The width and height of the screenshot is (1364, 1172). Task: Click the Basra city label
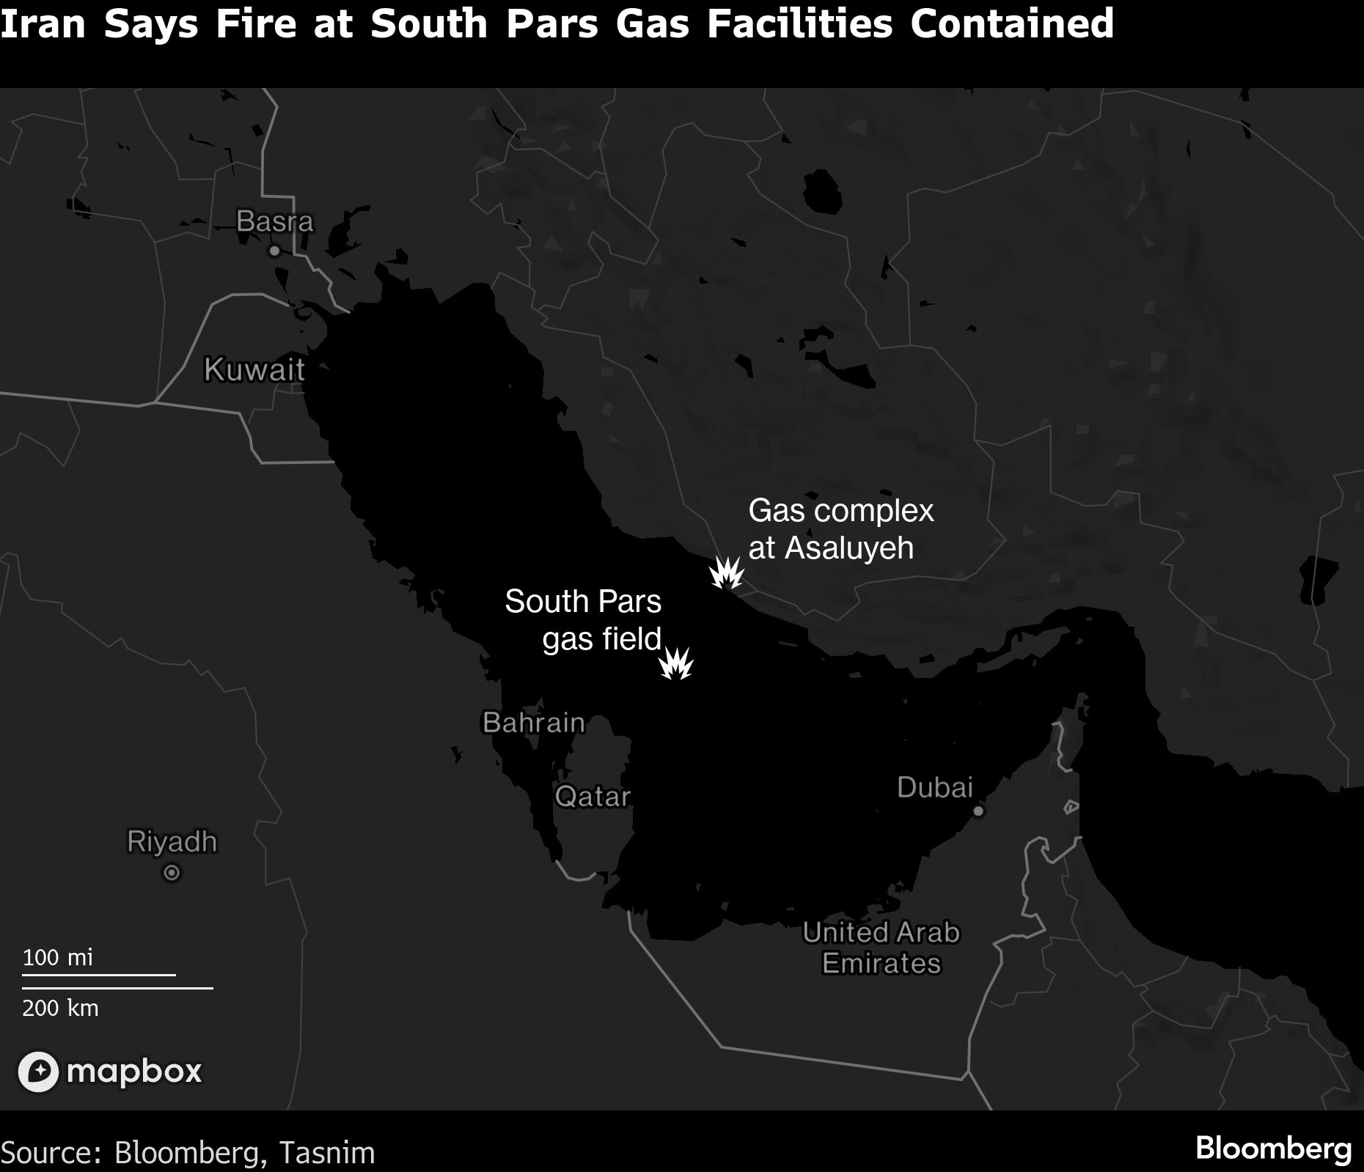[274, 221]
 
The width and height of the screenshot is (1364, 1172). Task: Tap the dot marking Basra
[274, 251]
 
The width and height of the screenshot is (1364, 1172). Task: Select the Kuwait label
[254, 369]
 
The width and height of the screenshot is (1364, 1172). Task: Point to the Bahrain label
[533, 723]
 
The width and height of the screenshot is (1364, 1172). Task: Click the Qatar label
[593, 796]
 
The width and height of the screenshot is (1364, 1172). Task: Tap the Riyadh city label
[172, 841]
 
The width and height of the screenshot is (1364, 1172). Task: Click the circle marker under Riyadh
[172, 873]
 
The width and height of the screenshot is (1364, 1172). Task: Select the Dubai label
[934, 788]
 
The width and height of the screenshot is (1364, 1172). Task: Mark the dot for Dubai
[978, 811]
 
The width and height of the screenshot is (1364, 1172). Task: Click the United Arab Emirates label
[881, 948]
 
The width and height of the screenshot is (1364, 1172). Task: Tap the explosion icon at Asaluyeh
[727, 573]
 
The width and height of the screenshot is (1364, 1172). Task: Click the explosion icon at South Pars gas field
[675, 664]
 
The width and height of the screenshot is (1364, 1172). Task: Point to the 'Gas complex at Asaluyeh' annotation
[840, 529]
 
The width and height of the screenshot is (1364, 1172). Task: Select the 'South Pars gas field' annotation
[584, 620]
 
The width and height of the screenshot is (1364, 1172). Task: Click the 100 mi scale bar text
[58, 957]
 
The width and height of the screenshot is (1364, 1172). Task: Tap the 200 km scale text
[60, 1008]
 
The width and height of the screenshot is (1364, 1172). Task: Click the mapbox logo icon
[38, 1072]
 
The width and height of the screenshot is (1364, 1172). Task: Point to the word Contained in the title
[1012, 23]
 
